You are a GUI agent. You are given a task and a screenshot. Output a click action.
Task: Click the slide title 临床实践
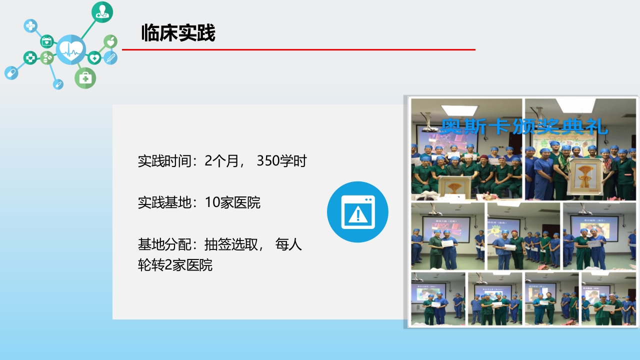[178, 33]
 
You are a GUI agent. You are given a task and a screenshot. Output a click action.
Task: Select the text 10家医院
[232, 202]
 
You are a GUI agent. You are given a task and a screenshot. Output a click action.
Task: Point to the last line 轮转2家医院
[175, 265]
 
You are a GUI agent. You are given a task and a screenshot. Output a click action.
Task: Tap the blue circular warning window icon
[357, 212]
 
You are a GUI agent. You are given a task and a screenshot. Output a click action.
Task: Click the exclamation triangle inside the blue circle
[357, 215]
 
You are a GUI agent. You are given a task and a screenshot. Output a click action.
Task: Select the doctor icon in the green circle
[102, 12]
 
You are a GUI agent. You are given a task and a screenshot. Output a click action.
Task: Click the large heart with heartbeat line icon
[71, 49]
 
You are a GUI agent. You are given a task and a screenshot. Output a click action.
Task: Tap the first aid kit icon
[85, 78]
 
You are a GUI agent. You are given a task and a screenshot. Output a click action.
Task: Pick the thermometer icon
[111, 57]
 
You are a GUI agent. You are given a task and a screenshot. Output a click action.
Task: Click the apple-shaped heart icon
[110, 41]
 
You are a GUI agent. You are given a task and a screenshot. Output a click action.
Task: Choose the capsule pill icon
[11, 73]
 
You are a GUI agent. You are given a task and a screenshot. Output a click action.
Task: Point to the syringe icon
[58, 84]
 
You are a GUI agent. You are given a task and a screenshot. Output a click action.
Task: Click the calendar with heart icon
[46, 41]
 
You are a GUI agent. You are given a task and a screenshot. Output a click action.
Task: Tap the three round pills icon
[46, 58]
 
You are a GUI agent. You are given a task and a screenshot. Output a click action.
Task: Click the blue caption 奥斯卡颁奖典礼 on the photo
[524, 127]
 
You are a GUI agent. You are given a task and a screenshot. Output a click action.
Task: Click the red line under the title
[298, 49]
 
